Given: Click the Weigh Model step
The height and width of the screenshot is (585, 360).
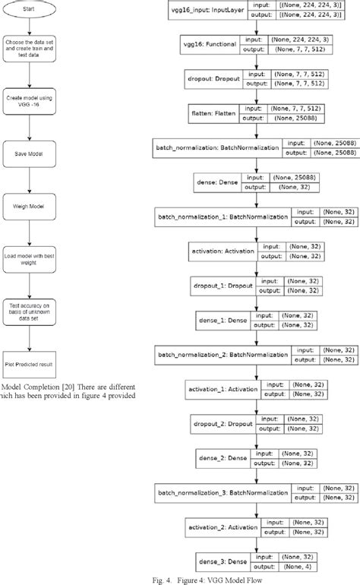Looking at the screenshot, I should (x=29, y=206).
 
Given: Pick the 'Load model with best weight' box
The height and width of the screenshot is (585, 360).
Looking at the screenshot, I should (x=29, y=258).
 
